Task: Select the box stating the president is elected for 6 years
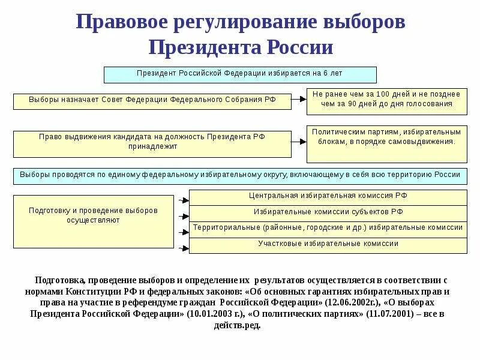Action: [240, 74]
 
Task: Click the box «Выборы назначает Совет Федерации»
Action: [152, 101]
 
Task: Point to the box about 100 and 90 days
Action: [386, 101]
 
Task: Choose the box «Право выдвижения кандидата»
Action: [152, 143]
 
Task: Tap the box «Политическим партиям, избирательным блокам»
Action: [386, 144]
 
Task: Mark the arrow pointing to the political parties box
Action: [299, 143]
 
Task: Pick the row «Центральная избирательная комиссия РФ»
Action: [328, 197]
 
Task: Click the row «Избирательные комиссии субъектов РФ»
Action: [328, 213]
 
